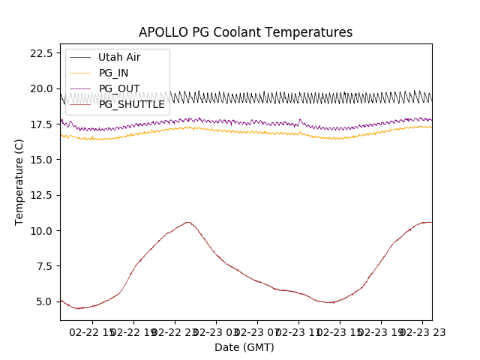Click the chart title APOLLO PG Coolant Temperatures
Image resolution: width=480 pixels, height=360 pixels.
click(x=245, y=32)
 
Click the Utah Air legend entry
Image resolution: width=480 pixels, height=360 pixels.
click(x=119, y=57)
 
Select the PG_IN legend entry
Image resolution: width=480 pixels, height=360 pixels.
click(x=113, y=73)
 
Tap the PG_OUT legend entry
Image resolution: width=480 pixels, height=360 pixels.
click(x=118, y=88)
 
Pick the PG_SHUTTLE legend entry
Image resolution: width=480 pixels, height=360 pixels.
click(x=131, y=104)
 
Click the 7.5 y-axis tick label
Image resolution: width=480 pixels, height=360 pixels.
click(x=43, y=266)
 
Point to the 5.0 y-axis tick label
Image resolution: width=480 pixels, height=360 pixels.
click(x=43, y=301)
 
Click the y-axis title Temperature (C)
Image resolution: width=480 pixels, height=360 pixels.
click(x=19, y=181)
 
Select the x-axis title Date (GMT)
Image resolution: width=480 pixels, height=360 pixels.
click(x=244, y=347)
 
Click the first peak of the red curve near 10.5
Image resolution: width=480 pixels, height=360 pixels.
click(x=187, y=222)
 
